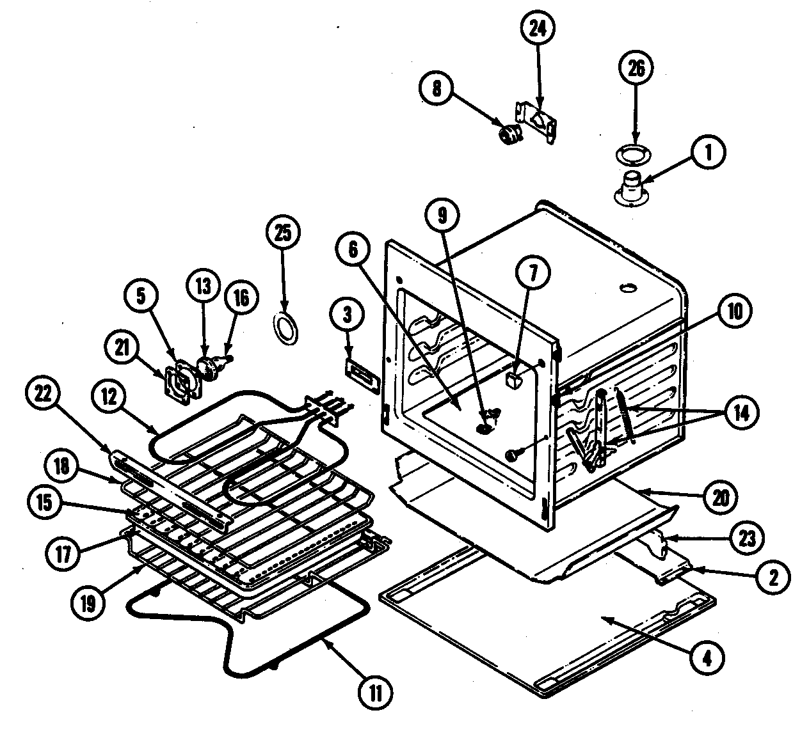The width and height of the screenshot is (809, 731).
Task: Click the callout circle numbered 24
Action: coord(538,29)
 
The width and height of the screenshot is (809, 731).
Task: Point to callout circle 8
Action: coord(437,90)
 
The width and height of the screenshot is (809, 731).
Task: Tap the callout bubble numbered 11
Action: coord(376,693)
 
